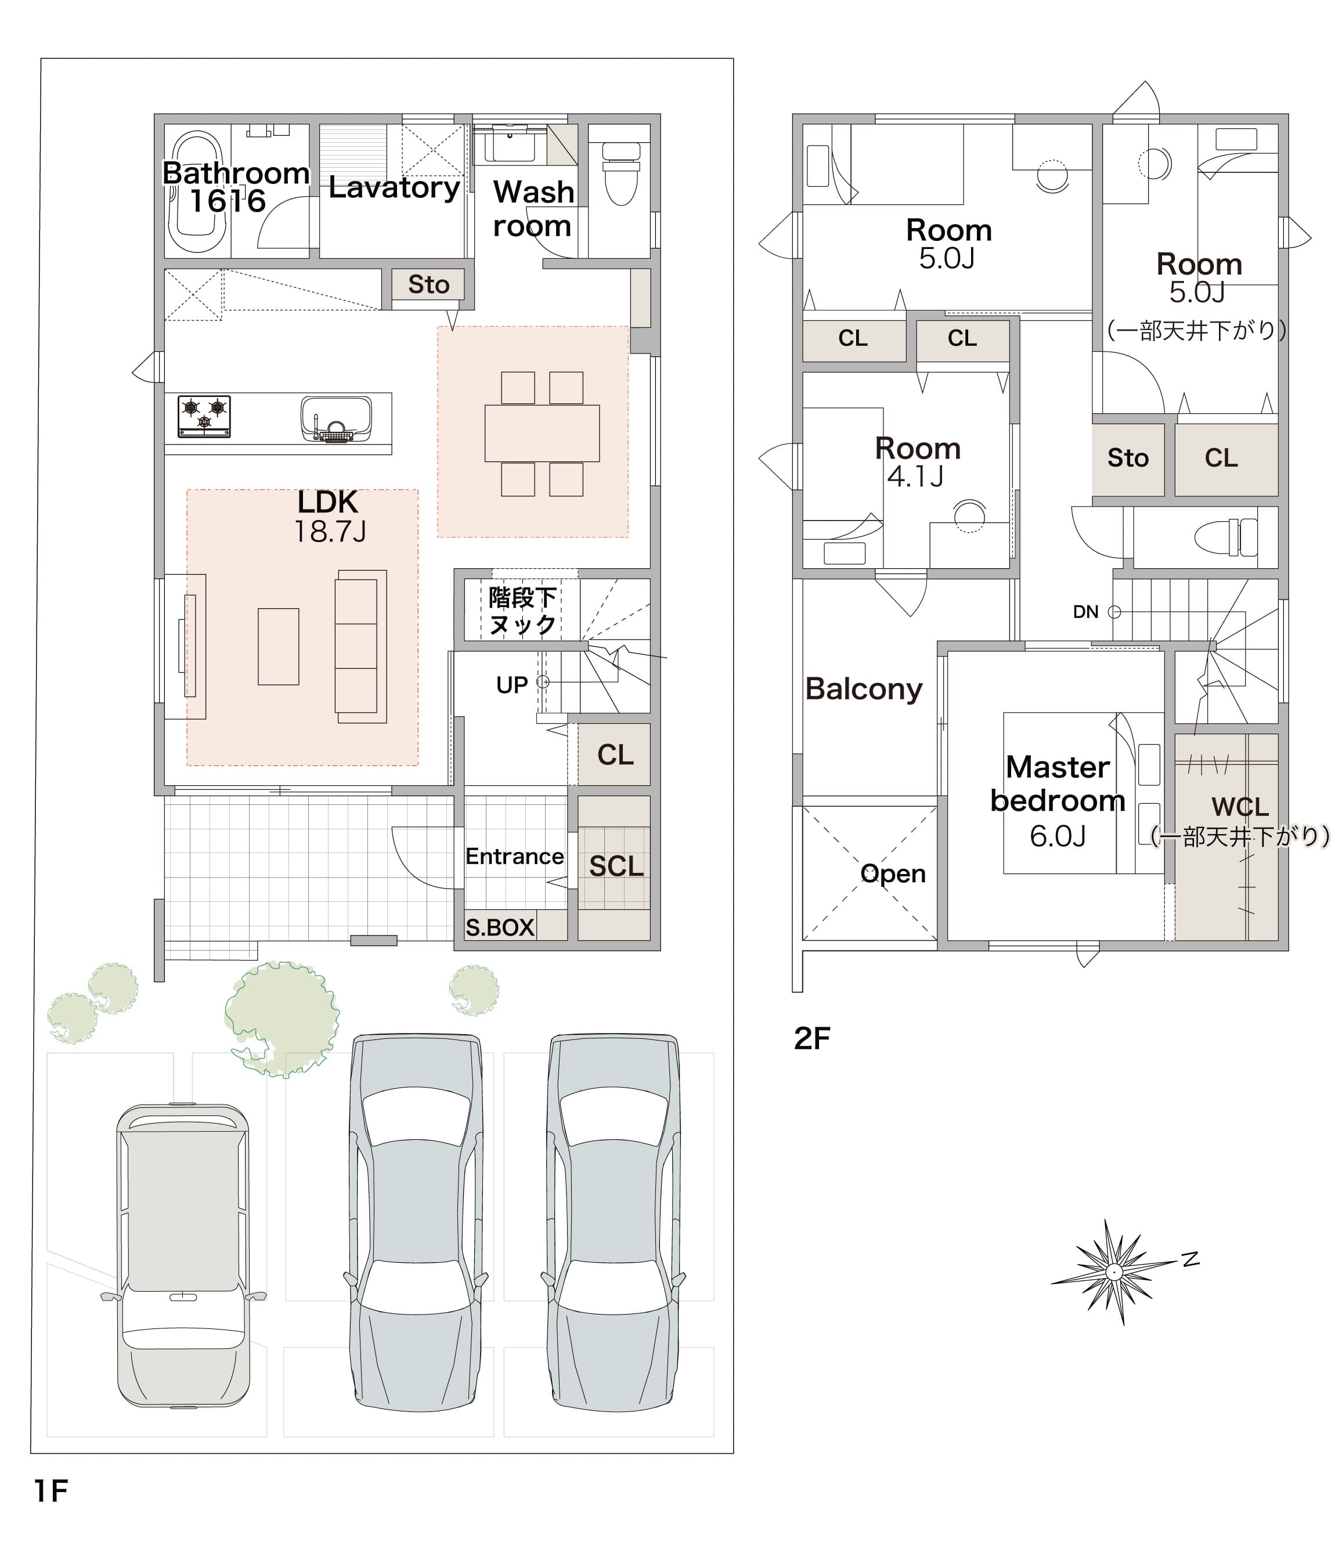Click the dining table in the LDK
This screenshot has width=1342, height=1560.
[x=542, y=433]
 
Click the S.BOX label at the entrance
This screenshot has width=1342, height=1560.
[x=499, y=927]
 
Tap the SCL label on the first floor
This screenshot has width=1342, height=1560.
[x=616, y=866]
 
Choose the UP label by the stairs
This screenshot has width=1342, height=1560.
[x=512, y=685]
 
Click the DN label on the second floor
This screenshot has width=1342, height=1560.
[x=1085, y=612]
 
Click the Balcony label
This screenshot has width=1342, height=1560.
[x=864, y=689]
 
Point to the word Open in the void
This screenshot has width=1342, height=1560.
[x=893, y=873]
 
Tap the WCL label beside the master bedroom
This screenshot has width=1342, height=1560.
[x=1240, y=807]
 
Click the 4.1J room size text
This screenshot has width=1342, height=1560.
[x=915, y=476]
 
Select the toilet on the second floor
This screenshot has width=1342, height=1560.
[x=1226, y=537]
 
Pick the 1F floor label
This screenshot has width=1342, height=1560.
[x=51, y=1491]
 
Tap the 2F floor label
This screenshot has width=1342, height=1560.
[x=812, y=1038]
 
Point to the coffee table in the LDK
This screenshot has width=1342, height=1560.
[x=279, y=647]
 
